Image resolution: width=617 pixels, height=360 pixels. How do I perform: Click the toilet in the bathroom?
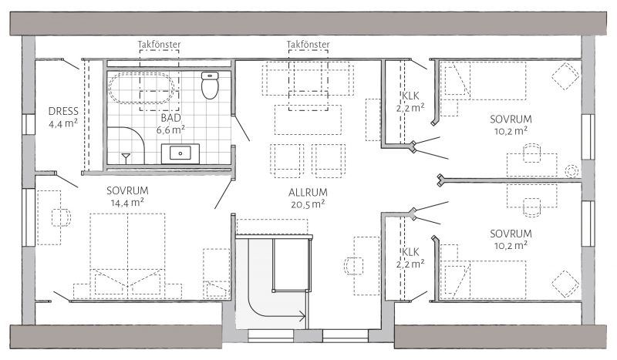pyautogui.click(x=209, y=85)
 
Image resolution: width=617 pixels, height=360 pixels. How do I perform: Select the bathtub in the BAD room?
pyautogui.click(x=141, y=88)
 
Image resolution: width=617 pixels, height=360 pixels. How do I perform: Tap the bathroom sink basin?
pyautogui.click(x=180, y=153)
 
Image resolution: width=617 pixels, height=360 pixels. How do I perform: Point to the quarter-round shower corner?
pyautogui.click(x=126, y=145)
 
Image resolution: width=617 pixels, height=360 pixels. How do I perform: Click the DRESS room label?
pyautogui.click(x=63, y=111)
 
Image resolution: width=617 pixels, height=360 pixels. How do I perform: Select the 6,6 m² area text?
pyautogui.click(x=170, y=130)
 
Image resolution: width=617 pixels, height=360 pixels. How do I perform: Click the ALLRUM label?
pyautogui.click(x=308, y=193)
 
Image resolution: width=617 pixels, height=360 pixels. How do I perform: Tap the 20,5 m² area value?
pyautogui.click(x=308, y=204)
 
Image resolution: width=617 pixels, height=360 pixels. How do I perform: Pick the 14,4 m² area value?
pyautogui.click(x=127, y=203)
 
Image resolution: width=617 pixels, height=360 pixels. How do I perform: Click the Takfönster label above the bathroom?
pyautogui.click(x=160, y=45)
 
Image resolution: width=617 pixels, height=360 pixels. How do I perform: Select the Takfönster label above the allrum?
pyautogui.click(x=308, y=45)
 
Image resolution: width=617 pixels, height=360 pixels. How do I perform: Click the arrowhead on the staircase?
pyautogui.click(x=302, y=316)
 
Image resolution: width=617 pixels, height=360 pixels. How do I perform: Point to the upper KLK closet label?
pyautogui.click(x=410, y=96)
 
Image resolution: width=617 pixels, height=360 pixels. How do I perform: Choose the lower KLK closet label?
pyautogui.click(x=410, y=252)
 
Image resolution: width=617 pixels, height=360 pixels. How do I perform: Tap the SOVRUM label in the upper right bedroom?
pyautogui.click(x=511, y=119)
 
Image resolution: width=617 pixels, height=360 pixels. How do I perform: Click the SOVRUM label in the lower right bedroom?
pyautogui.click(x=511, y=234)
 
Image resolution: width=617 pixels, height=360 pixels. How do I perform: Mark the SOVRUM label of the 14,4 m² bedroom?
pyautogui.click(x=127, y=191)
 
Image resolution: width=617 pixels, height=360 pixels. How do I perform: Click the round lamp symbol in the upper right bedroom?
pyautogui.click(x=571, y=171)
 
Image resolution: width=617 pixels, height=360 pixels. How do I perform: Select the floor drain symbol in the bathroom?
pyautogui.click(x=126, y=158)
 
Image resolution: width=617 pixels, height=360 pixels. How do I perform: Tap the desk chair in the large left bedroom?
pyautogui.click(x=61, y=217)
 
